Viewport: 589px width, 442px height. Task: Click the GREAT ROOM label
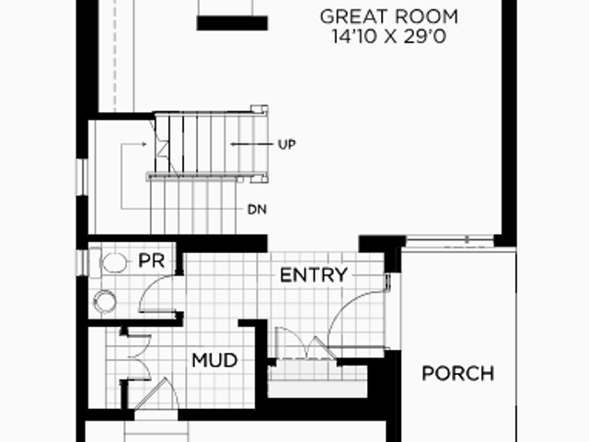tap(388, 17)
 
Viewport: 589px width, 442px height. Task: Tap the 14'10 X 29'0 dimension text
tap(388, 37)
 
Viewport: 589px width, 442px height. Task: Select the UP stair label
tap(287, 145)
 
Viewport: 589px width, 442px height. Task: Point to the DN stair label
tap(258, 210)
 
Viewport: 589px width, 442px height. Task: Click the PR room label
tap(151, 261)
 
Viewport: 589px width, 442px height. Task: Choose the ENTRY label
tap(314, 274)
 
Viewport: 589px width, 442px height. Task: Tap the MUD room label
tap(214, 360)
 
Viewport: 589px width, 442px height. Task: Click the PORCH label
tap(458, 373)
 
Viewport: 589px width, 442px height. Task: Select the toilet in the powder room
tap(110, 262)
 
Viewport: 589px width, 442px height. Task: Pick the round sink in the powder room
tap(105, 302)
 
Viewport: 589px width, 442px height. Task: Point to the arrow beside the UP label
tap(251, 144)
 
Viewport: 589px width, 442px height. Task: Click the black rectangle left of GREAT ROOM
tap(232, 23)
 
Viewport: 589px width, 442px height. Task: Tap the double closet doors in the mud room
tap(140, 357)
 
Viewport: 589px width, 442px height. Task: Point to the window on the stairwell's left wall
tap(82, 177)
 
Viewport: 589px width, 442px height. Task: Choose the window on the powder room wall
tap(82, 262)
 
